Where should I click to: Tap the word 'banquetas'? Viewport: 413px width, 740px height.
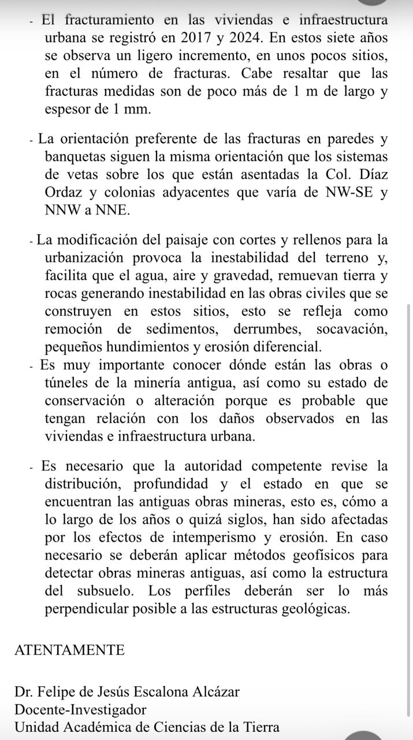[x=74, y=157]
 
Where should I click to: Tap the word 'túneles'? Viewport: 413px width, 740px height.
[x=67, y=383]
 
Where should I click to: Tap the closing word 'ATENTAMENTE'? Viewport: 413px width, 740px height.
[x=69, y=650]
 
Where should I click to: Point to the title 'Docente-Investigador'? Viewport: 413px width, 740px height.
[x=80, y=709]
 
